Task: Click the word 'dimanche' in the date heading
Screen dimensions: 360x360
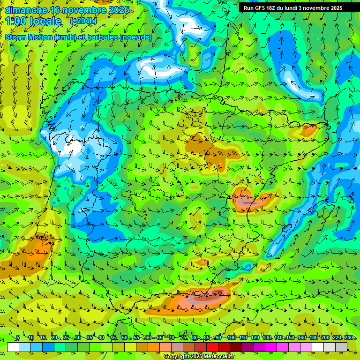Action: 26,10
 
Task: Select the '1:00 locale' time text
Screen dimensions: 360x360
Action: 33,21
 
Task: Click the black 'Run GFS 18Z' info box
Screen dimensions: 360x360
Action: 292,8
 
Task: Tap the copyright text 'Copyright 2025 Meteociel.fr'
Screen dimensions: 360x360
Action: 199,356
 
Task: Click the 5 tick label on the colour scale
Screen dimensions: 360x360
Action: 18,337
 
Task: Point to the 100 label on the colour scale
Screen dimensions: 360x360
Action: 231,337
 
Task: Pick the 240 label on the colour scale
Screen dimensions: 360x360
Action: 349,337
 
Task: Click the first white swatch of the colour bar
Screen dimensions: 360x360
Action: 13,347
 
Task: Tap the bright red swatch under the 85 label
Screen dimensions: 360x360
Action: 213,347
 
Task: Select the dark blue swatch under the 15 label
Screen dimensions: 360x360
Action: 48,347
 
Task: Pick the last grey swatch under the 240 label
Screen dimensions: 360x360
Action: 341,347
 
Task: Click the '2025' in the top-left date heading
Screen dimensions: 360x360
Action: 119,10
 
